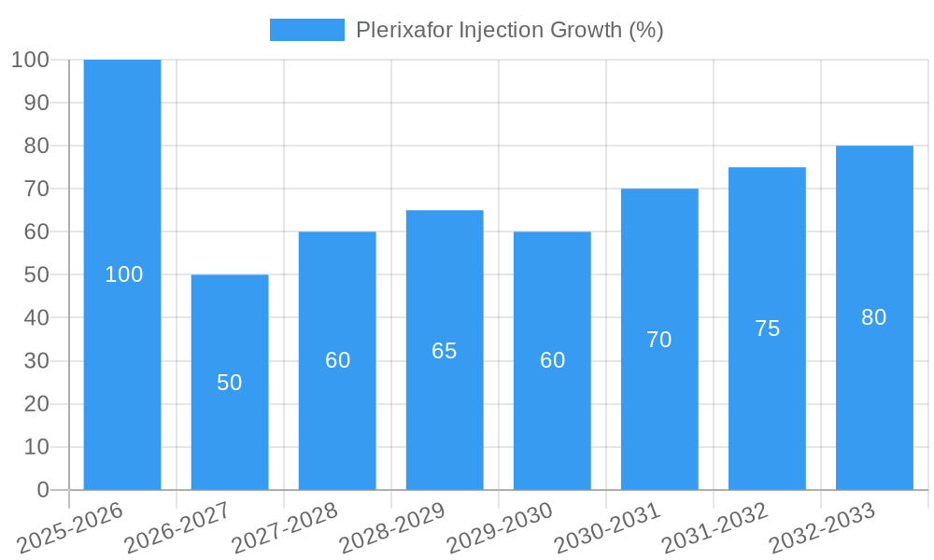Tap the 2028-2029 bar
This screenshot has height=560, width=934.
tap(445, 280)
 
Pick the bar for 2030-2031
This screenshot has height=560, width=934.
tap(659, 261)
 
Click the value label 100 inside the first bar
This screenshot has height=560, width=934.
tap(124, 274)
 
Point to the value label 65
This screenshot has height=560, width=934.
tap(445, 351)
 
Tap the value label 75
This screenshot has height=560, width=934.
tap(767, 329)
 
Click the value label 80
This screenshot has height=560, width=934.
tap(874, 317)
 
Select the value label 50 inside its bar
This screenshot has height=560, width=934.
tap(230, 383)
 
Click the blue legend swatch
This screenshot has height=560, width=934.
tap(307, 30)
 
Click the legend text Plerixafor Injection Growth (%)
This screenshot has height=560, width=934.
tap(510, 30)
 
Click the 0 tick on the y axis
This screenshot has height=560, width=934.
tap(42, 490)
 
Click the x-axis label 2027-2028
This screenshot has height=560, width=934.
tap(286, 527)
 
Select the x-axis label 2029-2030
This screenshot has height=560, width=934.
tap(501, 527)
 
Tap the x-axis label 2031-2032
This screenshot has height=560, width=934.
tap(715, 527)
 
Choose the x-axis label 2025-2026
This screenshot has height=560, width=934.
tap(71, 527)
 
